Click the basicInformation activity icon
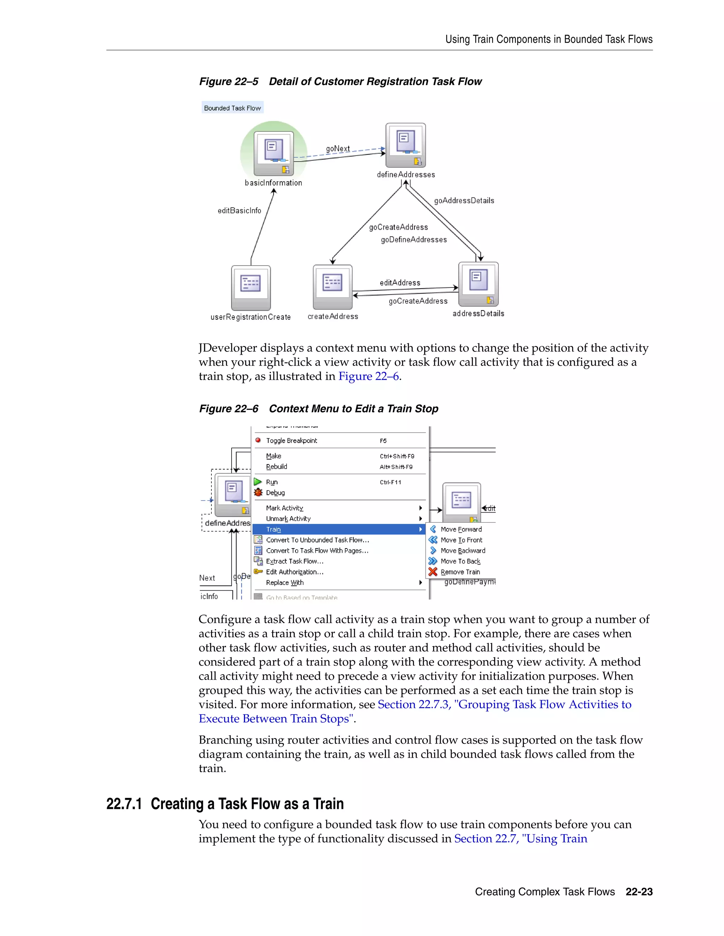[274, 153]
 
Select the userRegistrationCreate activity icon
[251, 288]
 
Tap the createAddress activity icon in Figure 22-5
[332, 287]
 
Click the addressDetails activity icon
[478, 284]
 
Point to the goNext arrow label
[338, 149]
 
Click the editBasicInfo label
[239, 211]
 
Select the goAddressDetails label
[464, 201]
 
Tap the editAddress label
[400, 283]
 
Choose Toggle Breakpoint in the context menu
[291, 440]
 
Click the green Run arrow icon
[258, 482]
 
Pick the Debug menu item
[275, 493]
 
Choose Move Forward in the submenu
[461, 529]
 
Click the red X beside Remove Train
[433, 572]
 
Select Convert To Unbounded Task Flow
[317, 540]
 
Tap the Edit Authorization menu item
[295, 572]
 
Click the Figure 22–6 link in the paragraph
[368, 376]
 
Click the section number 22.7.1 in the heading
[124, 804]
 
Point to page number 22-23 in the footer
[639, 892]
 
